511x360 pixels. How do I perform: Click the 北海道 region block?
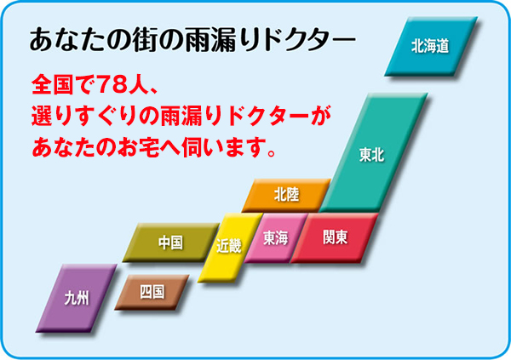[431, 46]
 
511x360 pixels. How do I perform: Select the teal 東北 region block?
[374, 153]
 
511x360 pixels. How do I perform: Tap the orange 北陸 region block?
[286, 195]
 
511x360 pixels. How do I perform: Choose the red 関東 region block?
[335, 237]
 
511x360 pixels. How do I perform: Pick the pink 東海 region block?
[276, 237]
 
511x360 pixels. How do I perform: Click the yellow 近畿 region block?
[230, 247]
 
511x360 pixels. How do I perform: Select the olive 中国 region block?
[171, 243]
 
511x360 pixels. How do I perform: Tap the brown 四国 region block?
[152, 292]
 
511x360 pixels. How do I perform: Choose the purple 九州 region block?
[77, 298]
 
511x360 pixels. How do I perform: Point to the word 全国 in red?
[53, 85]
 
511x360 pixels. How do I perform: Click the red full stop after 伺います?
[271, 152]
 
